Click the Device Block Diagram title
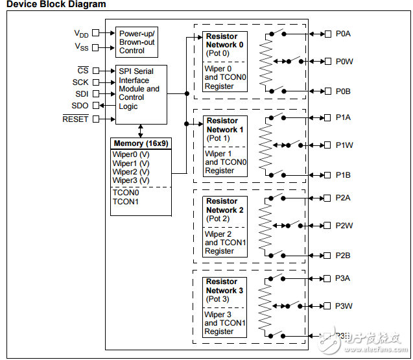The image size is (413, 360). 56,5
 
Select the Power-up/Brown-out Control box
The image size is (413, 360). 137,41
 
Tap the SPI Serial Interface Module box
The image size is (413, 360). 141,88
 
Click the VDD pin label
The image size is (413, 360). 81,33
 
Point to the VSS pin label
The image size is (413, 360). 81,47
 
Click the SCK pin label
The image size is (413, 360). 80,82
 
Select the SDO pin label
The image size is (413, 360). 80,106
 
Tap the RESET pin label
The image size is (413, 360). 75,119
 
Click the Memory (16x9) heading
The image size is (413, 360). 141,143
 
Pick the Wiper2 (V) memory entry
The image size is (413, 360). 131,172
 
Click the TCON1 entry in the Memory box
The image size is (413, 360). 125,202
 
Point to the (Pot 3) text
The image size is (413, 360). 218,299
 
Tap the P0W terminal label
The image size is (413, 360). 344,62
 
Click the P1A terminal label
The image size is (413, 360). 343,117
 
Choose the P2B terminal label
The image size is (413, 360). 343,256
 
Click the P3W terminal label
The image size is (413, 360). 344,306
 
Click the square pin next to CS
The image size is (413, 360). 96,70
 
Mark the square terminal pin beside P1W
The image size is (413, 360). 327,145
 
